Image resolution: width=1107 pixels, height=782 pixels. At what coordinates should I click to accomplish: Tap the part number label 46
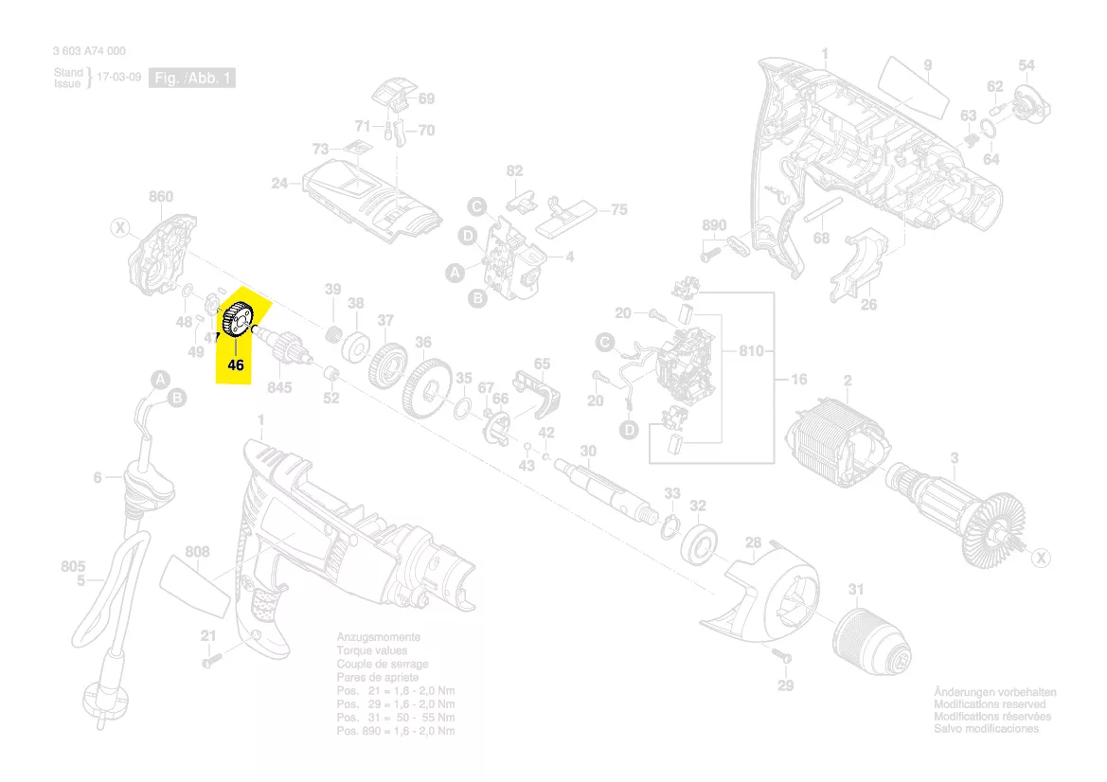[x=236, y=364]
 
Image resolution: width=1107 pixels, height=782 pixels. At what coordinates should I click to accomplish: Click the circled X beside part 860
[x=119, y=227]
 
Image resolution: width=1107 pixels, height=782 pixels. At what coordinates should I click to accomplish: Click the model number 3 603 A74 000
[x=89, y=52]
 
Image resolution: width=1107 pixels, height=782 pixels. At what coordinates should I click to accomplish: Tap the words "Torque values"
[x=371, y=651]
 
